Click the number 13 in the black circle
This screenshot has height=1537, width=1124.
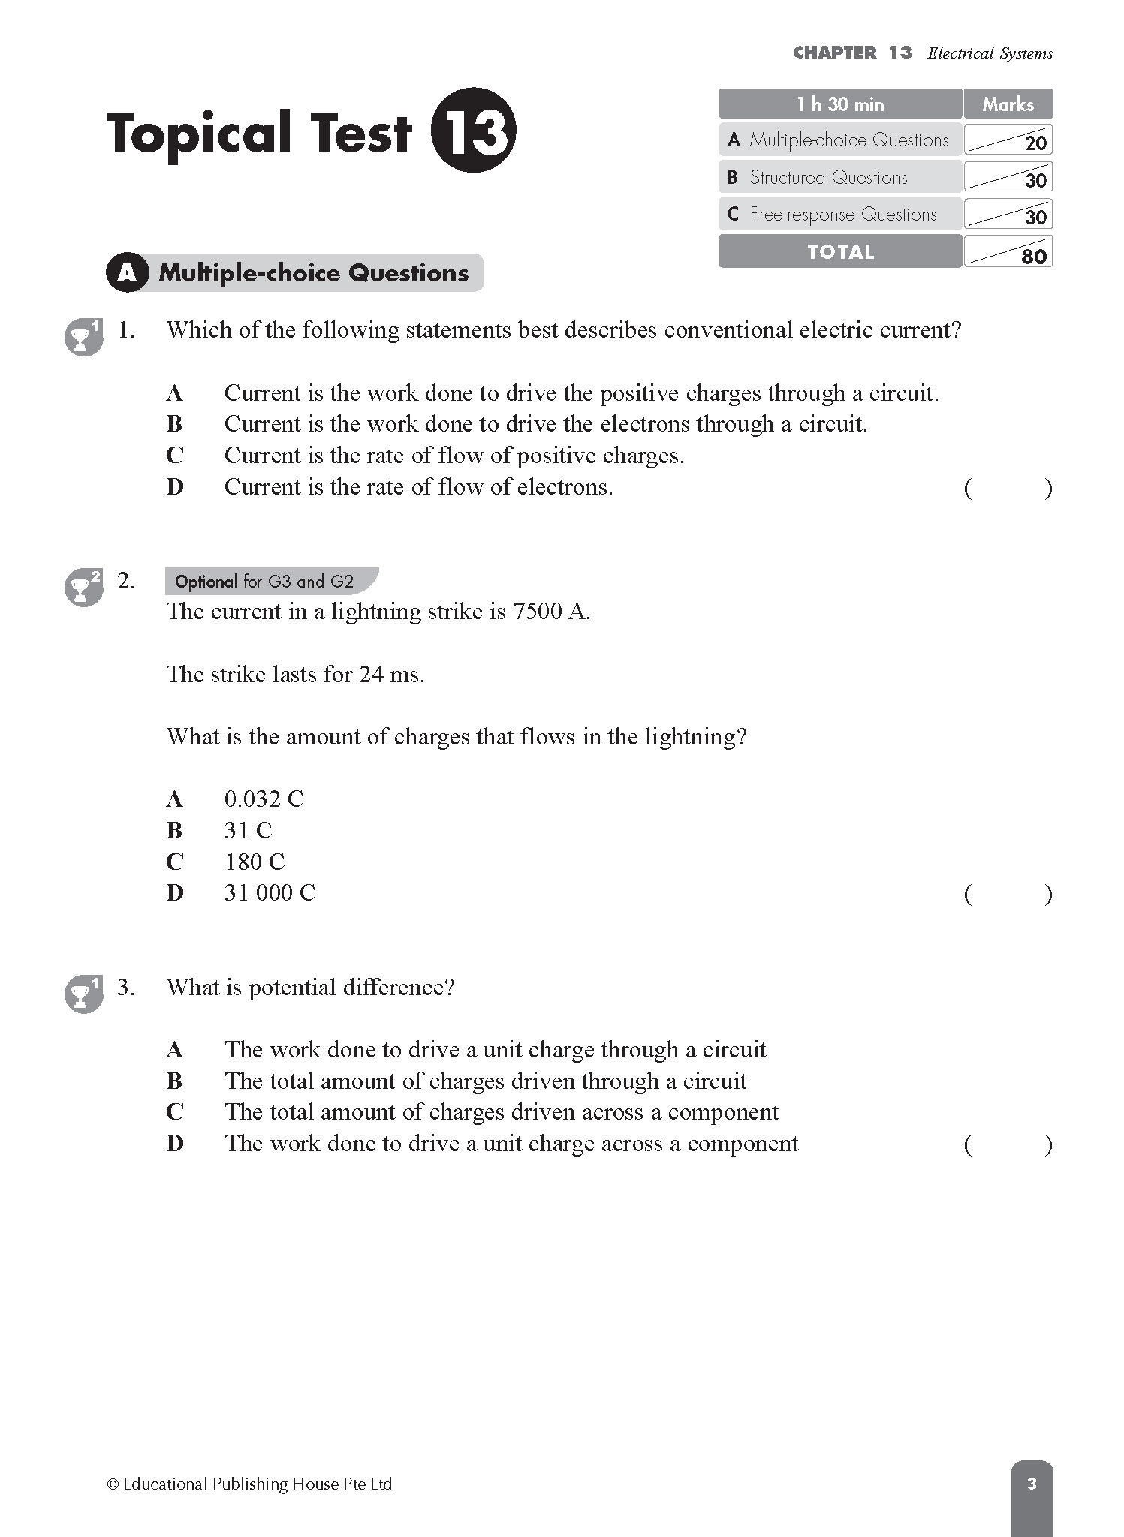pyautogui.click(x=474, y=131)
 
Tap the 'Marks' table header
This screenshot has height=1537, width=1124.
pyautogui.click(x=1008, y=104)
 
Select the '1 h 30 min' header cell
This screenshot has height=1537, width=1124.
pyautogui.click(x=840, y=104)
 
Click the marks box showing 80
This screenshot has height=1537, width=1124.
pyautogui.click(x=1008, y=252)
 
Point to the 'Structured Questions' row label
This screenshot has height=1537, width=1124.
pyautogui.click(x=828, y=178)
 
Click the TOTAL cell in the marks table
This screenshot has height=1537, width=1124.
pyautogui.click(x=840, y=252)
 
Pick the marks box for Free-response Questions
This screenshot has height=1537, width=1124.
pyautogui.click(x=1008, y=215)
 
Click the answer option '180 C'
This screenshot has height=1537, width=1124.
pyautogui.click(x=255, y=862)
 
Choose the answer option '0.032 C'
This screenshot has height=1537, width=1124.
pyautogui.click(x=264, y=799)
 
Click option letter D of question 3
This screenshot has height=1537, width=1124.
pyautogui.click(x=175, y=1144)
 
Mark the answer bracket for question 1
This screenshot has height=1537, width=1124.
pyautogui.click(x=1008, y=489)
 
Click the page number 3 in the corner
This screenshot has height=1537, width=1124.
pyautogui.click(x=1032, y=1484)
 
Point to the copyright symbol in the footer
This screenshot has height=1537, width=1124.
pyautogui.click(x=113, y=1484)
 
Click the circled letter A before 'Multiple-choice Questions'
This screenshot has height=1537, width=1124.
pyautogui.click(x=127, y=273)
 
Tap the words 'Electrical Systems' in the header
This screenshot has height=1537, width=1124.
pyautogui.click(x=990, y=53)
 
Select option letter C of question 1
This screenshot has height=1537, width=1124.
pyautogui.click(x=175, y=456)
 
